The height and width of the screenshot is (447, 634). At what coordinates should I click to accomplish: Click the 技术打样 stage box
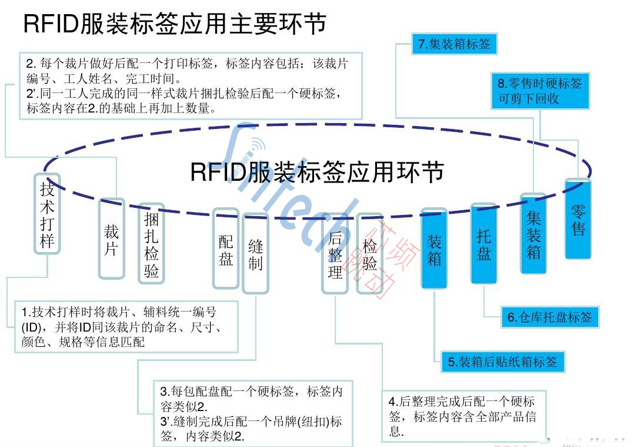coord(47,214)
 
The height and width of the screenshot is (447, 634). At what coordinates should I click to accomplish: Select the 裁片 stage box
coord(112,239)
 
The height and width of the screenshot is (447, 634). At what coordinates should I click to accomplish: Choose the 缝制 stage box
coord(255,253)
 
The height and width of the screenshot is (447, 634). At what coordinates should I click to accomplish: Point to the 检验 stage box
coord(369,253)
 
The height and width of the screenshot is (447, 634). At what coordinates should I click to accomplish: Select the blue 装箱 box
coord(434,249)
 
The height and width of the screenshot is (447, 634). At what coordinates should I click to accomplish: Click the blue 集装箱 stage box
coord(533,234)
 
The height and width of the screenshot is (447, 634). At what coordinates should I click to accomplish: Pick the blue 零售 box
coord(578,219)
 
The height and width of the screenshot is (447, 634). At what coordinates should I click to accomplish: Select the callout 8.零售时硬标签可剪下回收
coord(540,91)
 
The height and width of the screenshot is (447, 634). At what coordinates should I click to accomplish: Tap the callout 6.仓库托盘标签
coord(549,317)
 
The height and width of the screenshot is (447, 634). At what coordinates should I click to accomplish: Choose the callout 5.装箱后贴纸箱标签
coord(502,362)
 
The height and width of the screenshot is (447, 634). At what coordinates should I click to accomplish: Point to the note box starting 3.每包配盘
coord(253,413)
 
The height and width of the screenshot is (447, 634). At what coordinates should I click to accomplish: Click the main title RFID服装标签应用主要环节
coord(175,25)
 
